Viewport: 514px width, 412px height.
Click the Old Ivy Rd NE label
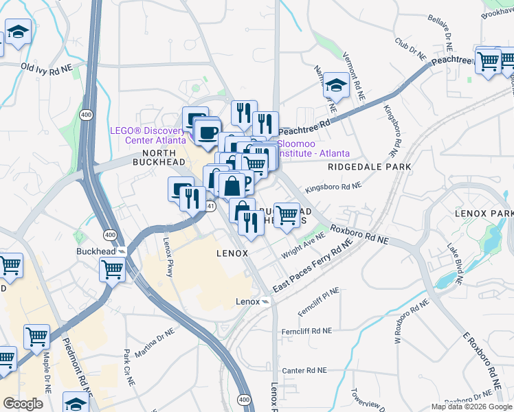click(x=47, y=68)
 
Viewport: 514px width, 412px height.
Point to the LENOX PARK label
click(x=484, y=214)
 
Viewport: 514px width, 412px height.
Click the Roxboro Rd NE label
click(x=359, y=235)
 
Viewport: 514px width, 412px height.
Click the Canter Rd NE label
click(x=303, y=370)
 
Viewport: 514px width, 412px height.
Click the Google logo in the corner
click(x=23, y=404)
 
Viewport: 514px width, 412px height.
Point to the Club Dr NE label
click(x=410, y=47)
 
